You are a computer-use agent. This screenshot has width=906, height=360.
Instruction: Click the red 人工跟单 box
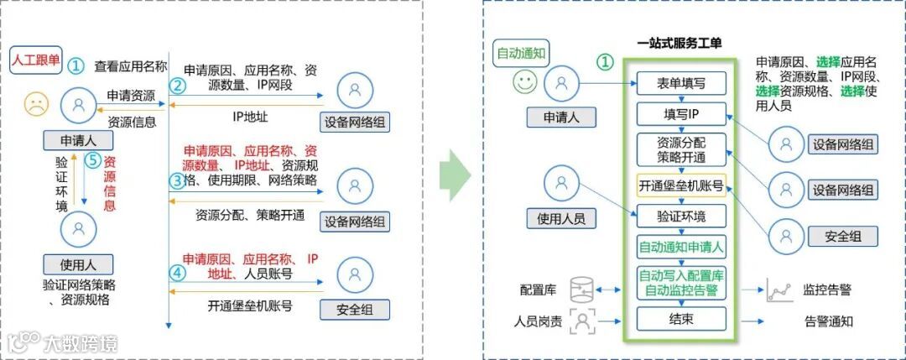36,60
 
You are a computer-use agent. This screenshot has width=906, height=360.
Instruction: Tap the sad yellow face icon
36,104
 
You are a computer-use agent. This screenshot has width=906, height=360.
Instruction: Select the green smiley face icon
525,82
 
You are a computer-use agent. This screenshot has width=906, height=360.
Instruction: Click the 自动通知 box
522,53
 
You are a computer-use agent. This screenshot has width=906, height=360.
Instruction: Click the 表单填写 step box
679,83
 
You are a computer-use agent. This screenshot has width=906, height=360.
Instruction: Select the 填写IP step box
679,113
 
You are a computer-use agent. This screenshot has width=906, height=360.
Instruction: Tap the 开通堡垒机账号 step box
679,186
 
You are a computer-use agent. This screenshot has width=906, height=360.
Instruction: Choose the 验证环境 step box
679,217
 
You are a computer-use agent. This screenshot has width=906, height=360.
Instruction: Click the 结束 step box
679,319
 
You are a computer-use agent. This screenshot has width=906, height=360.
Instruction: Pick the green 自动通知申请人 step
679,248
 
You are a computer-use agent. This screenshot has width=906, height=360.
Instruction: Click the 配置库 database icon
581,290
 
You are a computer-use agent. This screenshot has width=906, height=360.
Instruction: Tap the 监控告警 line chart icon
778,290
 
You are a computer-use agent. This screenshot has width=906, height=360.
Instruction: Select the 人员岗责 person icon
581,321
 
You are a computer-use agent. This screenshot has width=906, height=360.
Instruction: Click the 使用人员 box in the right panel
561,219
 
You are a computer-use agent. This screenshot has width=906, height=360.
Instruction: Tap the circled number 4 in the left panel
176,271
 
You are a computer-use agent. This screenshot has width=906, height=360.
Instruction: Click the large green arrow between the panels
455,175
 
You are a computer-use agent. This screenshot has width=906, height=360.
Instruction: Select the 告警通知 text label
828,321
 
